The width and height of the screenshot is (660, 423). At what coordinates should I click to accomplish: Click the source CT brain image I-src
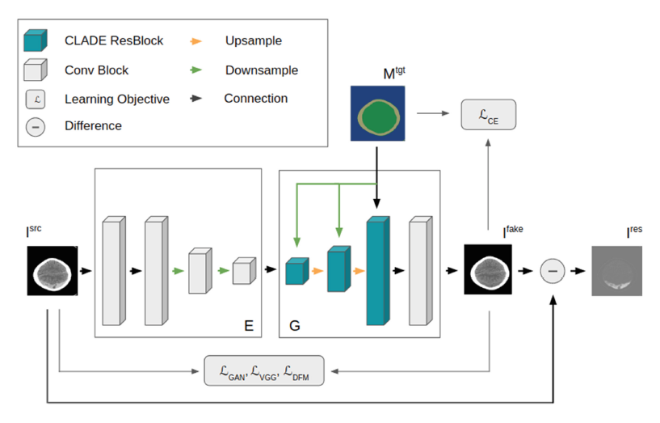(53, 270)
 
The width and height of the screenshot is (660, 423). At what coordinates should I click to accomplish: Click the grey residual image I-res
(617, 270)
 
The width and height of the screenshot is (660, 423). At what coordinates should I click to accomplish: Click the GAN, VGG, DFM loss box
(264, 370)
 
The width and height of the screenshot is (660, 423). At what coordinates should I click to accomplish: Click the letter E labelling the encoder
(248, 326)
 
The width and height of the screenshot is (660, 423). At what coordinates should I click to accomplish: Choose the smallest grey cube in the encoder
(243, 271)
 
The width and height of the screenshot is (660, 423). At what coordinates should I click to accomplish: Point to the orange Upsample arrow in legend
(195, 40)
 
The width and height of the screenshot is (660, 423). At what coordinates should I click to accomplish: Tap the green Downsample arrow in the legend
(195, 70)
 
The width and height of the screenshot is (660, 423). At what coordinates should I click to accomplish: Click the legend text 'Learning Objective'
(117, 99)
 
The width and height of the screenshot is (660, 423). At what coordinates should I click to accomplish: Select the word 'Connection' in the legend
(255, 99)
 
